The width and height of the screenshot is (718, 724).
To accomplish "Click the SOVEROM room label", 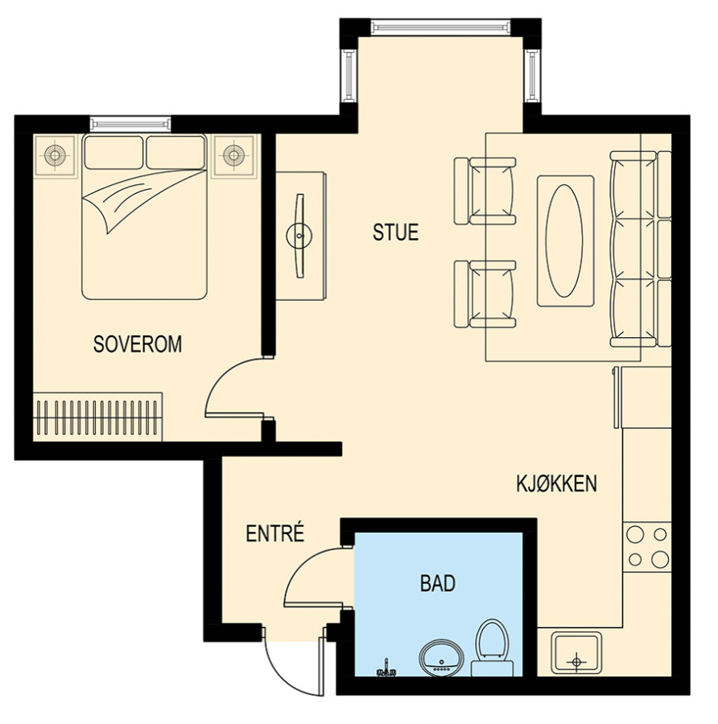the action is pyautogui.click(x=137, y=344).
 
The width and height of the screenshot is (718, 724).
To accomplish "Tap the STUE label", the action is pyautogui.click(x=395, y=232).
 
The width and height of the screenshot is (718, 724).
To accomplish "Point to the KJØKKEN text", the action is pyautogui.click(x=556, y=483).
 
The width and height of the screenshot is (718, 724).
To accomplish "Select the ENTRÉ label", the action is pyautogui.click(x=275, y=533).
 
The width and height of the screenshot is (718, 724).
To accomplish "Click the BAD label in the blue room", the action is pyautogui.click(x=438, y=583).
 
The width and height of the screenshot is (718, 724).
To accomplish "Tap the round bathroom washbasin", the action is pyautogui.click(x=441, y=658).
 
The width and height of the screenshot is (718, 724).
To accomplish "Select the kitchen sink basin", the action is pyautogui.click(x=576, y=653).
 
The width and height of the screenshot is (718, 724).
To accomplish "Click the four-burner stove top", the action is pyautogui.click(x=647, y=548).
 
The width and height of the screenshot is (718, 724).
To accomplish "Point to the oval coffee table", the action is pyautogui.click(x=563, y=241).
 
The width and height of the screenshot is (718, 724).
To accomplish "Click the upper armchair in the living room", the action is pyautogui.click(x=485, y=191).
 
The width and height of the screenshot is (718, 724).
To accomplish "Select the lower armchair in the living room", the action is pyautogui.click(x=485, y=294).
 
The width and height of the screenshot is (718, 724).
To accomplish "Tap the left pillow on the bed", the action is pyautogui.click(x=113, y=152).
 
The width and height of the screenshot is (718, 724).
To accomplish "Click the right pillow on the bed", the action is pyautogui.click(x=175, y=152).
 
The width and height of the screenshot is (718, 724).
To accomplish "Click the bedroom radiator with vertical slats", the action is pyautogui.click(x=98, y=417).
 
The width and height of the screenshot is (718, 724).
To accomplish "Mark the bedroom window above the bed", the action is pyautogui.click(x=130, y=124).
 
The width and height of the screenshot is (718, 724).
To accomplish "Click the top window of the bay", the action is pyautogui.click(x=440, y=27).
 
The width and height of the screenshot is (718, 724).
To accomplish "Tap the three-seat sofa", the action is pyautogui.click(x=640, y=249).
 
